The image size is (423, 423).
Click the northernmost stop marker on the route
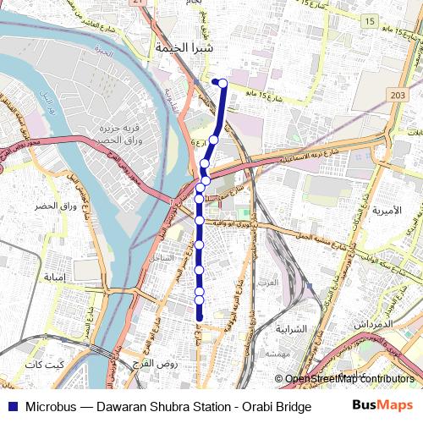pos(217,82)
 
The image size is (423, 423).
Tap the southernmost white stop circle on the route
pos(200,299)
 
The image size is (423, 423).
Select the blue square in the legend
pos(11,406)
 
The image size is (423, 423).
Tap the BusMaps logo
pos(383,405)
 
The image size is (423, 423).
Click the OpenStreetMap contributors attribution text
pos(349,379)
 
